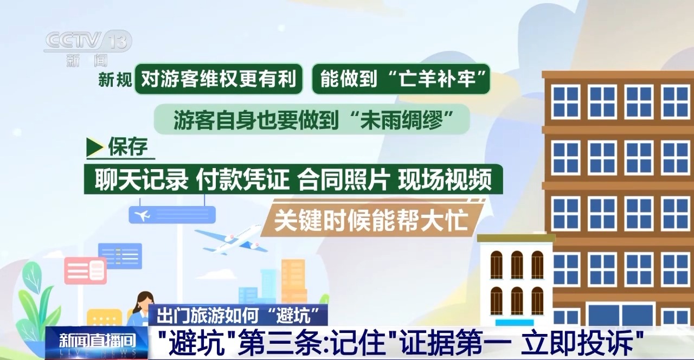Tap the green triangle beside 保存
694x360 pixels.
(95, 147)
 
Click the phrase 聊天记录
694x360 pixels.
(142, 179)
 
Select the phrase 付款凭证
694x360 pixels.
(242, 179)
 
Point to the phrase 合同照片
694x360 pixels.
(344, 179)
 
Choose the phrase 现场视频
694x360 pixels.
(445, 179)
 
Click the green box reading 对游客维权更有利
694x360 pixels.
(219, 79)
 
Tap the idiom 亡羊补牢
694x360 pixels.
(437, 79)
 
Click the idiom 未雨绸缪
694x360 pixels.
(401, 120)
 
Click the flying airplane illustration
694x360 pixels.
(231, 239)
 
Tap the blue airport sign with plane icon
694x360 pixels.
(172, 214)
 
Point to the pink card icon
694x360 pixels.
(86, 271)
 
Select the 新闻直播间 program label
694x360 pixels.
(97, 340)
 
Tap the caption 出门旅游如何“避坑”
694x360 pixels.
(238, 316)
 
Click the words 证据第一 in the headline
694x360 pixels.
(455, 343)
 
